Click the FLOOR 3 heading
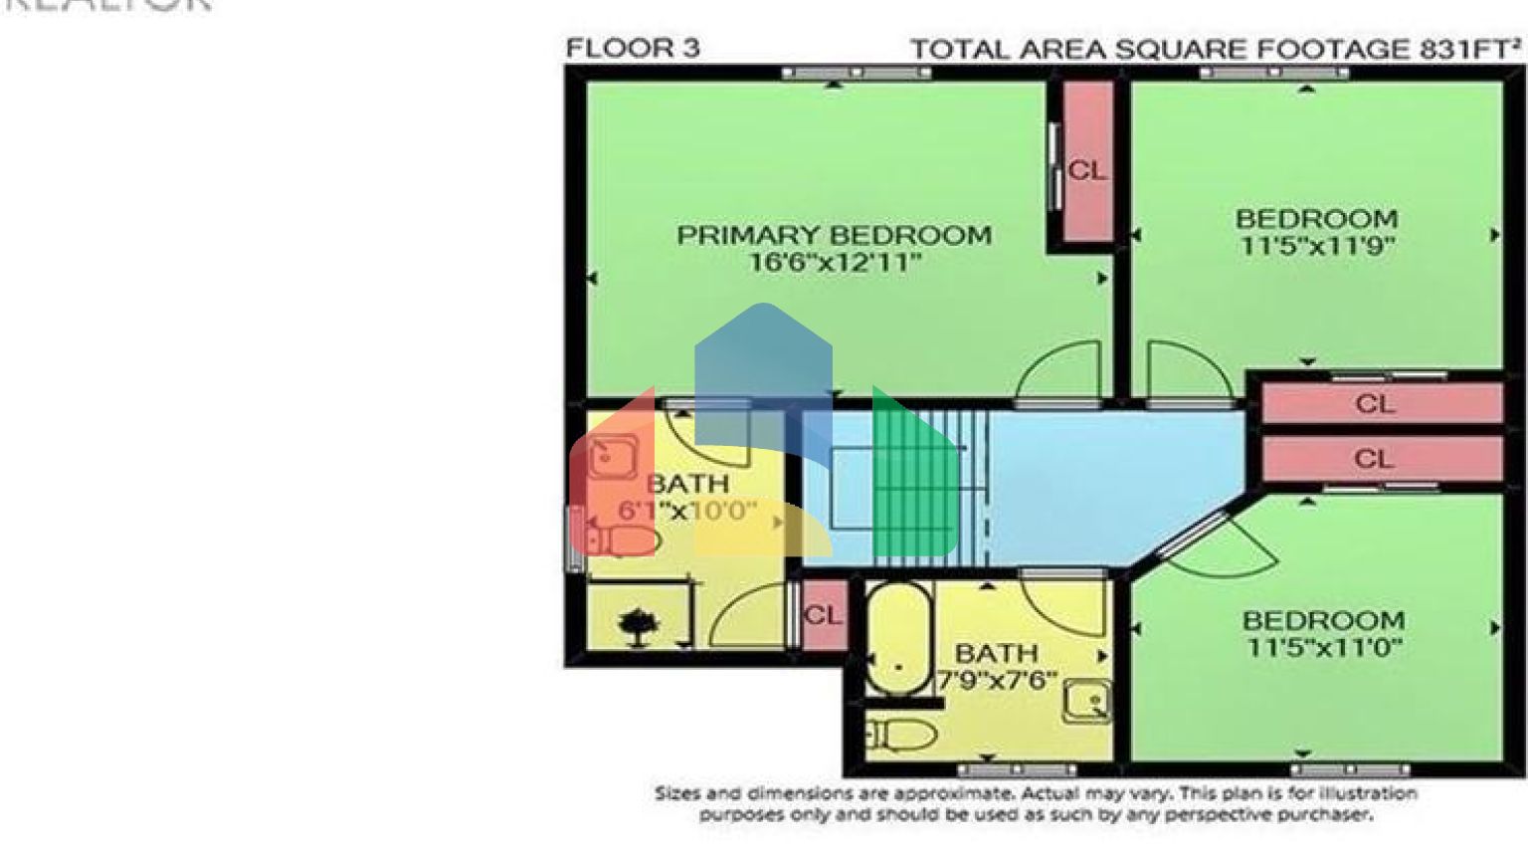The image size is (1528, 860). click(x=633, y=48)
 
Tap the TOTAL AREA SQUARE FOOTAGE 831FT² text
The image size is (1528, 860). click(x=1215, y=50)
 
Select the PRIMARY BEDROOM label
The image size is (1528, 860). click(x=834, y=236)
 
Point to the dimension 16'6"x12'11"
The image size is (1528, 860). click(x=834, y=263)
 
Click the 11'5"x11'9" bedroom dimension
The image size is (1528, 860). click(x=1316, y=245)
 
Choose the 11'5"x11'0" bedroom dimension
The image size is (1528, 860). click(x=1324, y=648)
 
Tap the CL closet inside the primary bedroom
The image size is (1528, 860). click(x=1087, y=170)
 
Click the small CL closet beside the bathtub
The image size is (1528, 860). click(x=823, y=615)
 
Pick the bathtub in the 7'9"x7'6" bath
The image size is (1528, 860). click(x=898, y=637)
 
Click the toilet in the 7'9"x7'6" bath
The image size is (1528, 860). click(x=903, y=736)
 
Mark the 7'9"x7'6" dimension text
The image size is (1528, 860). click(x=997, y=681)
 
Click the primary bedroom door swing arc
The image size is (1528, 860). click(x=1057, y=370)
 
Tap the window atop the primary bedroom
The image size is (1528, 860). click(x=856, y=73)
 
